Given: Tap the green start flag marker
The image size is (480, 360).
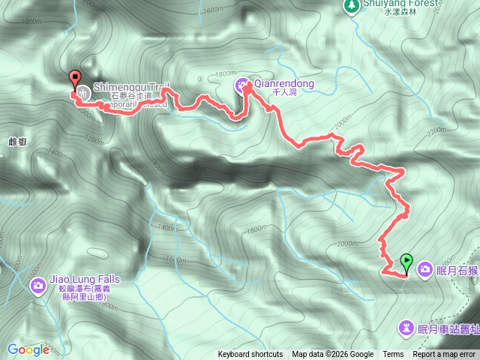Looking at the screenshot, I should click(406, 262).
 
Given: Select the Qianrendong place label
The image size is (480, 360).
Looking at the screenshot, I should click(285, 83).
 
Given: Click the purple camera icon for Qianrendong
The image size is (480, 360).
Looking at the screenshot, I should click(244, 84).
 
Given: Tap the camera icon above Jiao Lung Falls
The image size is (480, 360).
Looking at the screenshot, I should click(38, 285).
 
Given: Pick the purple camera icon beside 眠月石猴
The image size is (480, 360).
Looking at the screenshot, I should click(424, 268).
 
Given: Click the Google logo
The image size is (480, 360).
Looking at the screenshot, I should click(28, 349).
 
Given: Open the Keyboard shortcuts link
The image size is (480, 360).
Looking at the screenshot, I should click(250, 355).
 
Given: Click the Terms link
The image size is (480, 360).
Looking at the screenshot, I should click(393, 355).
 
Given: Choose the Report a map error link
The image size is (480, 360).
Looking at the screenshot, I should click(445, 355).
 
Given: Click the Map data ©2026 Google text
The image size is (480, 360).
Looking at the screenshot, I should click(333, 355).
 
